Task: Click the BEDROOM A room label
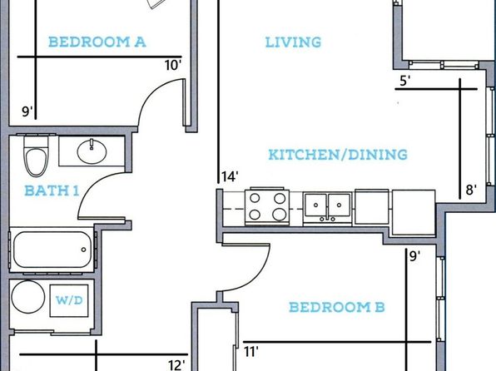pos(97,42)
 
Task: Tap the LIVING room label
pos(293,42)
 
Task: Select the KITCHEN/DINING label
pos(338,155)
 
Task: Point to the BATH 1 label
pos(52,190)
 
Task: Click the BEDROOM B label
pos(337,307)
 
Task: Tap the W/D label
pos(69,300)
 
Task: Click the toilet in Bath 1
pos(37,156)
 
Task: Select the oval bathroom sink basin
pos(92,152)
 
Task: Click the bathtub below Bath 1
pos(52,250)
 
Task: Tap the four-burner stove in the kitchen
pos(267,206)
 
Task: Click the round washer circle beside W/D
pos(28,297)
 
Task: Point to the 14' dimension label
pos(230,176)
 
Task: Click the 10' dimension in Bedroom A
pos(173,66)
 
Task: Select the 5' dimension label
pos(405,81)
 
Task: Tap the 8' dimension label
pos(471,190)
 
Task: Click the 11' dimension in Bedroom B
pos(251,351)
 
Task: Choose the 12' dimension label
pos(176,365)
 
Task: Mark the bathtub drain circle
pos(83,250)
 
